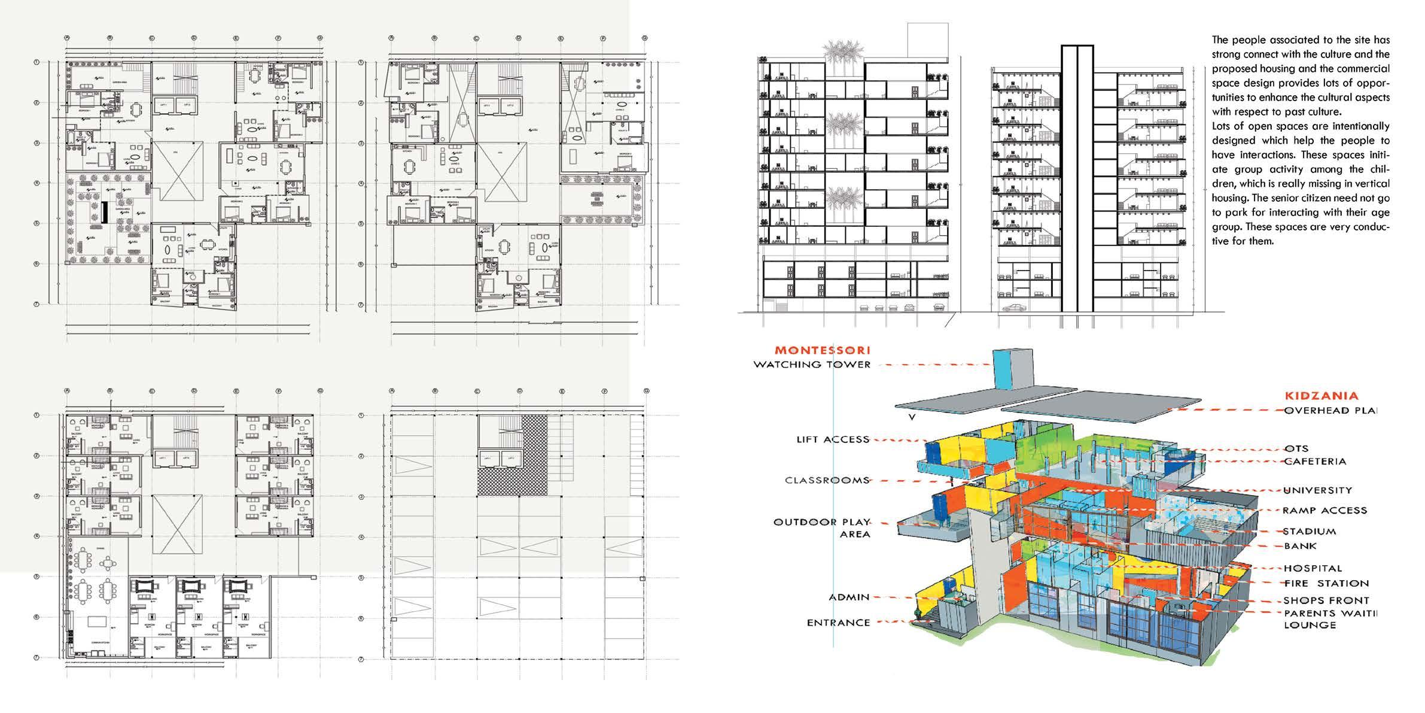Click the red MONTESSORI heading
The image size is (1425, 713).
[x=823, y=351]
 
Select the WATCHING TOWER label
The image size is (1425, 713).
[x=812, y=365]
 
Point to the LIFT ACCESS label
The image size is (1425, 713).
[x=832, y=439]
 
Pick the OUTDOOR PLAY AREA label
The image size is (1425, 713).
[x=823, y=528]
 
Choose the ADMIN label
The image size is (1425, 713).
[x=849, y=597]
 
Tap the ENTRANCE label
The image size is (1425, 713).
[x=838, y=623]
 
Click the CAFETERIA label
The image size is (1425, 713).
[x=1314, y=462]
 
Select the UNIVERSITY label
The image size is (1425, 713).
[x=1317, y=490]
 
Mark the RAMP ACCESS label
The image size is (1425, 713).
[x=1324, y=511]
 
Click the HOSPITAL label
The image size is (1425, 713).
[x=1313, y=568]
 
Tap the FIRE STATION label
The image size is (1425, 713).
[x=1326, y=584]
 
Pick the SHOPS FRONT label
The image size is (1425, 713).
[x=1326, y=600]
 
